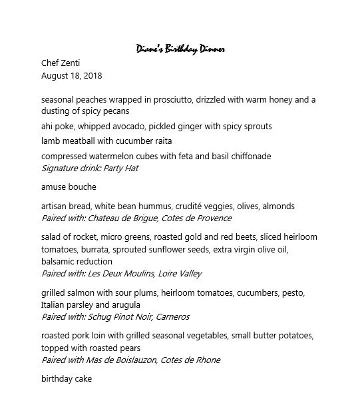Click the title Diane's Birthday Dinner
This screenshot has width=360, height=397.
pyautogui.click(x=180, y=49)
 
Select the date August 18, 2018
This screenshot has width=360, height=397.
pyautogui.click(x=71, y=76)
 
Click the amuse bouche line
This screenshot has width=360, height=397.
pyautogui.click(x=69, y=187)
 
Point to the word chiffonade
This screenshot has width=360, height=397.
pyautogui.click(x=248, y=157)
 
